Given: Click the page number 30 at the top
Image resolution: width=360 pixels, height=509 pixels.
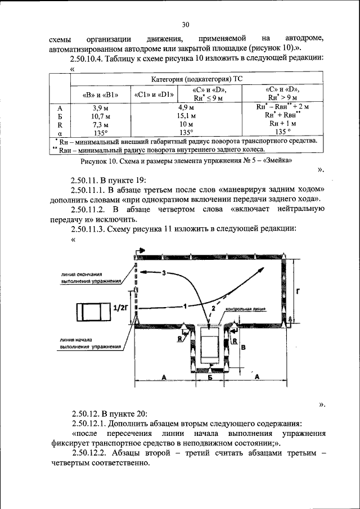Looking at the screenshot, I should pyautogui.click(x=186, y=24).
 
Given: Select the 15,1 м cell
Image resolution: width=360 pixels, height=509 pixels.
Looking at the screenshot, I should pyautogui.click(x=186, y=115).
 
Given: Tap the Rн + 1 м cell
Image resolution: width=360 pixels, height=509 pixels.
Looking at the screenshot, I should pyautogui.click(x=282, y=124).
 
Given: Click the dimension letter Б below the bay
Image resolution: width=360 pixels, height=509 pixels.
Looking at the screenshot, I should pyautogui.click(x=210, y=379).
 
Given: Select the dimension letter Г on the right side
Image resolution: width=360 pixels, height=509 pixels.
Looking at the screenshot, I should pyautogui.click(x=297, y=290).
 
